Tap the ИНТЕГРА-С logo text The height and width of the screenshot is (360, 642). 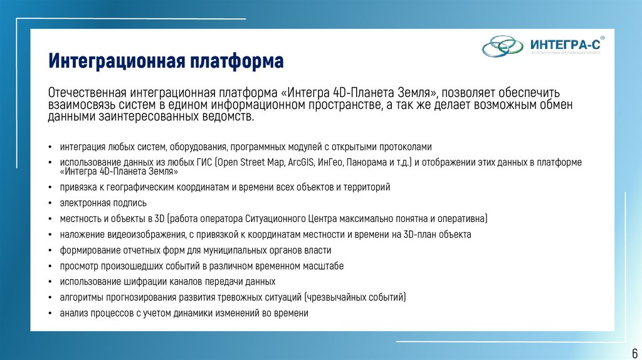(x=564, y=45)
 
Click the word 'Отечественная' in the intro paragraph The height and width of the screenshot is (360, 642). (x=88, y=93)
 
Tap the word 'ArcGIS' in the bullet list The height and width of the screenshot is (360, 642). (x=303, y=162)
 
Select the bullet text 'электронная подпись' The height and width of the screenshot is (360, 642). (x=103, y=203)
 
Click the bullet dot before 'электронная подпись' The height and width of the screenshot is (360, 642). (x=50, y=203)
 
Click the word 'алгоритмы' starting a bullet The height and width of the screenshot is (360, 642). (x=80, y=297)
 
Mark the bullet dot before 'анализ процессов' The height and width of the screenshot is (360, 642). (x=50, y=314)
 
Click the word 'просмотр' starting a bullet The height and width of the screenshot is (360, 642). (x=78, y=266)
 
